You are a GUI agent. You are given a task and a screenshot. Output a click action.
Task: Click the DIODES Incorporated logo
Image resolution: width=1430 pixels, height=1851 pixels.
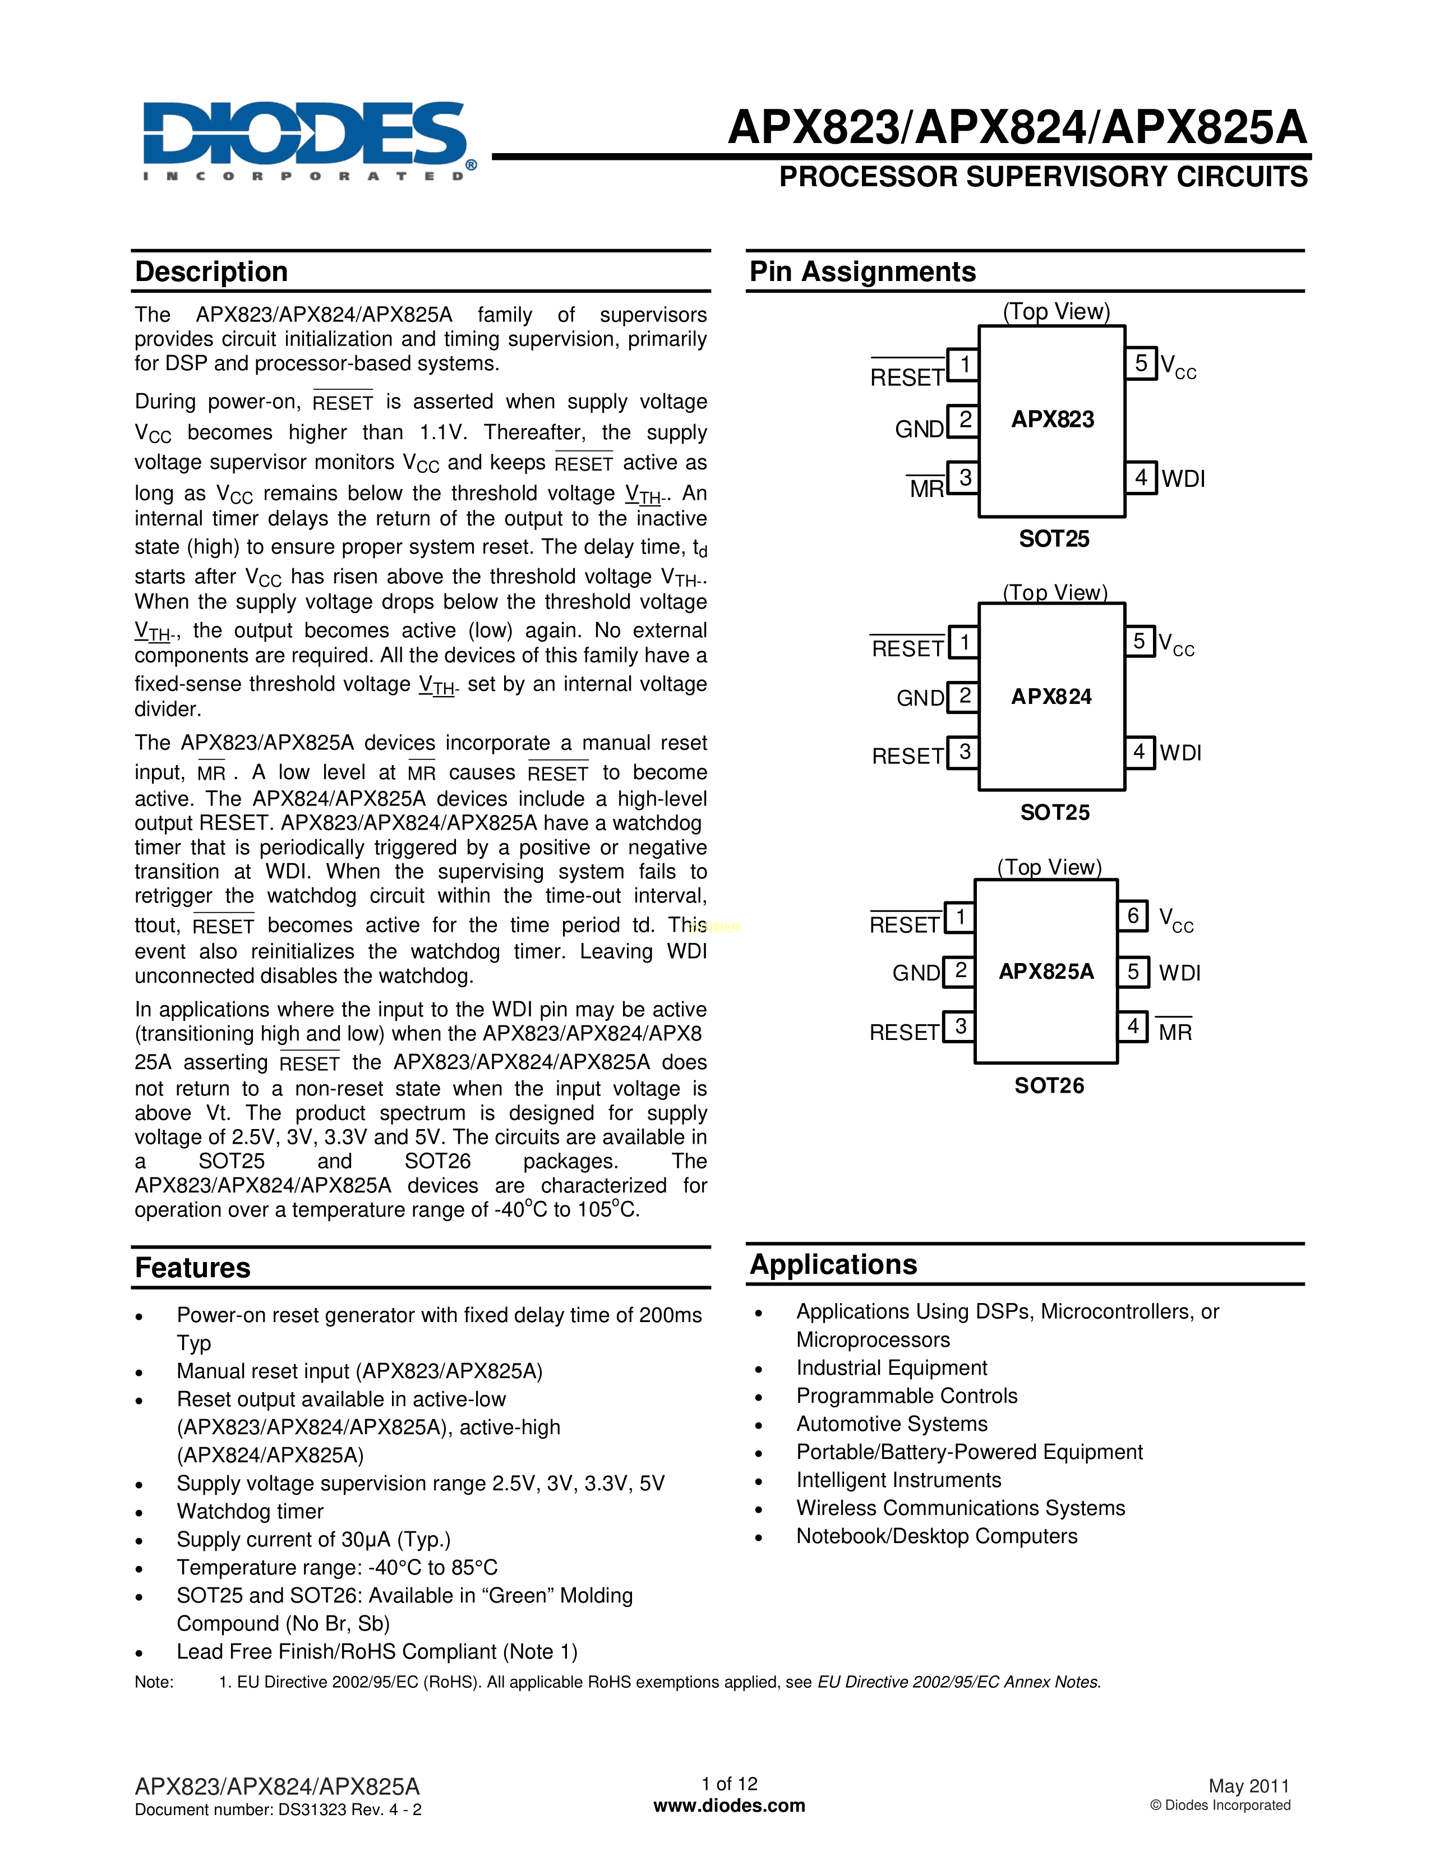(x=305, y=140)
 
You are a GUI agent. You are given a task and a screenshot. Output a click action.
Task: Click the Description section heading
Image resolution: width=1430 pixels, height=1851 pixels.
(x=212, y=272)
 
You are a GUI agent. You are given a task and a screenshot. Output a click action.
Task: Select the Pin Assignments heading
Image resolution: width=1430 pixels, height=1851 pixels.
(x=862, y=272)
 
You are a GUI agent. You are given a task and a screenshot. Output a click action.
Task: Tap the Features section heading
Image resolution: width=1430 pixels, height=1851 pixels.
(x=193, y=1268)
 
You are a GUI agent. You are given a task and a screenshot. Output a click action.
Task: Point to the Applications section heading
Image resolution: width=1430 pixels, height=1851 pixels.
(x=833, y=1264)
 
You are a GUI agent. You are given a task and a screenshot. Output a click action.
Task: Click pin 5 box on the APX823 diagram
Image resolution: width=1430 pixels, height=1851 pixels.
(x=1140, y=363)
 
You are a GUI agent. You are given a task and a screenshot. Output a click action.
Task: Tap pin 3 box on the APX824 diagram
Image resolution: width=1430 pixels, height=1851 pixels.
(x=963, y=753)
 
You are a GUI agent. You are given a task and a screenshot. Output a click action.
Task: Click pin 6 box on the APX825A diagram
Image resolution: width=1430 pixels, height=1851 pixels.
(x=1133, y=916)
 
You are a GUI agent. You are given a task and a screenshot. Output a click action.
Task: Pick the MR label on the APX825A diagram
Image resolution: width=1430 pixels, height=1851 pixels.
(x=1175, y=1032)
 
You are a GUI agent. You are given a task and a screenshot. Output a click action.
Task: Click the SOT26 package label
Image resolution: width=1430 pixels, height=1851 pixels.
(x=1049, y=1086)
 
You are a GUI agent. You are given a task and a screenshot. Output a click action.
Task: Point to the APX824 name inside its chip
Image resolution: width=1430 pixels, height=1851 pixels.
(x=1051, y=697)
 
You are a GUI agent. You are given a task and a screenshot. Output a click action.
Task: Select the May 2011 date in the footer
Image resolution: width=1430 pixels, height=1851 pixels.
(x=1249, y=1786)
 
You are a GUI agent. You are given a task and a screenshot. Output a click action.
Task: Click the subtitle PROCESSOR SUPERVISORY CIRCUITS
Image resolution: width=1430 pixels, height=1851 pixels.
(x=1043, y=177)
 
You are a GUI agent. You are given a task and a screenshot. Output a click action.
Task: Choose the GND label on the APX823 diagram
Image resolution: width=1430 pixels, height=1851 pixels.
(x=919, y=430)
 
